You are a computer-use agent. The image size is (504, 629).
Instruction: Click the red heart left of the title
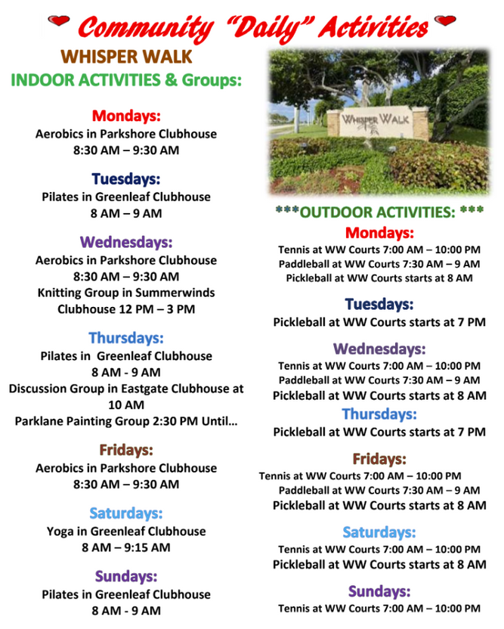click(x=58, y=20)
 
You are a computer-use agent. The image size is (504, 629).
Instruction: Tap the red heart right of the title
click(x=445, y=20)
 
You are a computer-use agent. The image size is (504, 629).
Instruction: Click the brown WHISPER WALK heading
click(x=126, y=57)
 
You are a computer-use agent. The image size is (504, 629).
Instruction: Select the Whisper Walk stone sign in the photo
click(x=377, y=122)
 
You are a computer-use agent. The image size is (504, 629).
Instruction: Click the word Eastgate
click(x=144, y=389)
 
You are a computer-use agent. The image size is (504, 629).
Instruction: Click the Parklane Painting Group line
click(x=126, y=421)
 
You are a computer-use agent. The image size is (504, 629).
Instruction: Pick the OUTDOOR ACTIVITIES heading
click(x=379, y=212)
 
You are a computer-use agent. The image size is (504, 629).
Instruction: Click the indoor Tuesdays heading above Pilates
click(x=126, y=179)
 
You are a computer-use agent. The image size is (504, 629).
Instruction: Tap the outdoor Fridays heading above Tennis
click(x=379, y=459)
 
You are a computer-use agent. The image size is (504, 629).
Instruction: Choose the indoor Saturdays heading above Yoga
click(x=126, y=513)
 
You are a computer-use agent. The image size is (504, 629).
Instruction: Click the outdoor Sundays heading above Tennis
click(x=379, y=591)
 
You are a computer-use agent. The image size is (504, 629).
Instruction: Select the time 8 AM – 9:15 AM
click(x=126, y=547)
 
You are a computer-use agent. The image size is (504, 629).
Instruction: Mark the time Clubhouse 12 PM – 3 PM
click(x=126, y=309)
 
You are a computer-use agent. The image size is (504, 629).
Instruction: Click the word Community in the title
click(x=145, y=29)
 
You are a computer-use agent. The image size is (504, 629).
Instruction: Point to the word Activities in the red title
click(x=374, y=27)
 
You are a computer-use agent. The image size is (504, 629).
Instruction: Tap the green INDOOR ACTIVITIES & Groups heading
click(x=126, y=80)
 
